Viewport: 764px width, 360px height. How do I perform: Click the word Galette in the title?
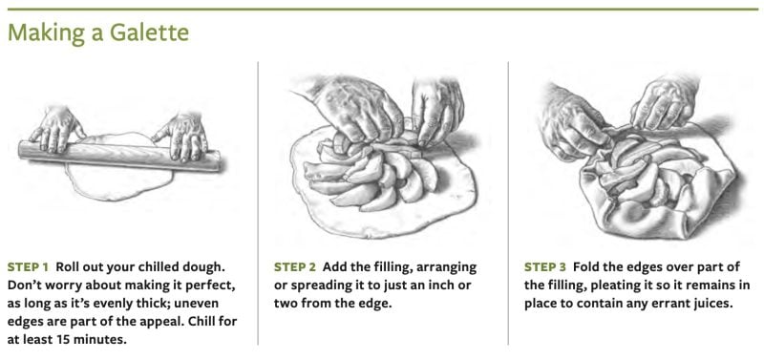click(x=149, y=32)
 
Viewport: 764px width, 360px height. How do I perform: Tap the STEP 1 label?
click(x=29, y=267)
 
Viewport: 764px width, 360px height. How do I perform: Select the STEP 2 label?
click(x=295, y=267)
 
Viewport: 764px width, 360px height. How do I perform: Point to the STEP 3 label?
click(x=545, y=267)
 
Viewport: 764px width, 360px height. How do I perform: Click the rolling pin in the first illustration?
click(x=119, y=156)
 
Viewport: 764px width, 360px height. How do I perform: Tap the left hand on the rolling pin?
click(x=56, y=129)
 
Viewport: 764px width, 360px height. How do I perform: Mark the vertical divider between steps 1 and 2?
click(x=258, y=203)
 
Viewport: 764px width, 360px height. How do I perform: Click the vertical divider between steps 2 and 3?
click(x=508, y=203)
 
